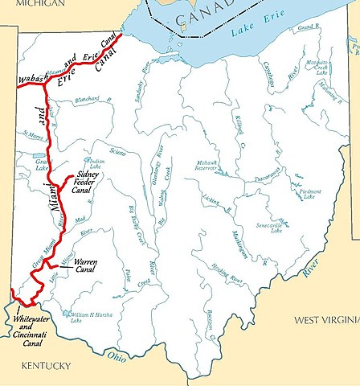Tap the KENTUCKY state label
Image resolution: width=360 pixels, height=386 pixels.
(x=46, y=366)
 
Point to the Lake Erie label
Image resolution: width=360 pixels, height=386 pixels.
(x=246, y=33)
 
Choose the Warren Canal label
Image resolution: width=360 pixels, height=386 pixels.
(x=85, y=266)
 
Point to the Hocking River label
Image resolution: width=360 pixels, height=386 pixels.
(x=226, y=277)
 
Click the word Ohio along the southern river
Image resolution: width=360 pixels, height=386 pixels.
(x=118, y=354)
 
